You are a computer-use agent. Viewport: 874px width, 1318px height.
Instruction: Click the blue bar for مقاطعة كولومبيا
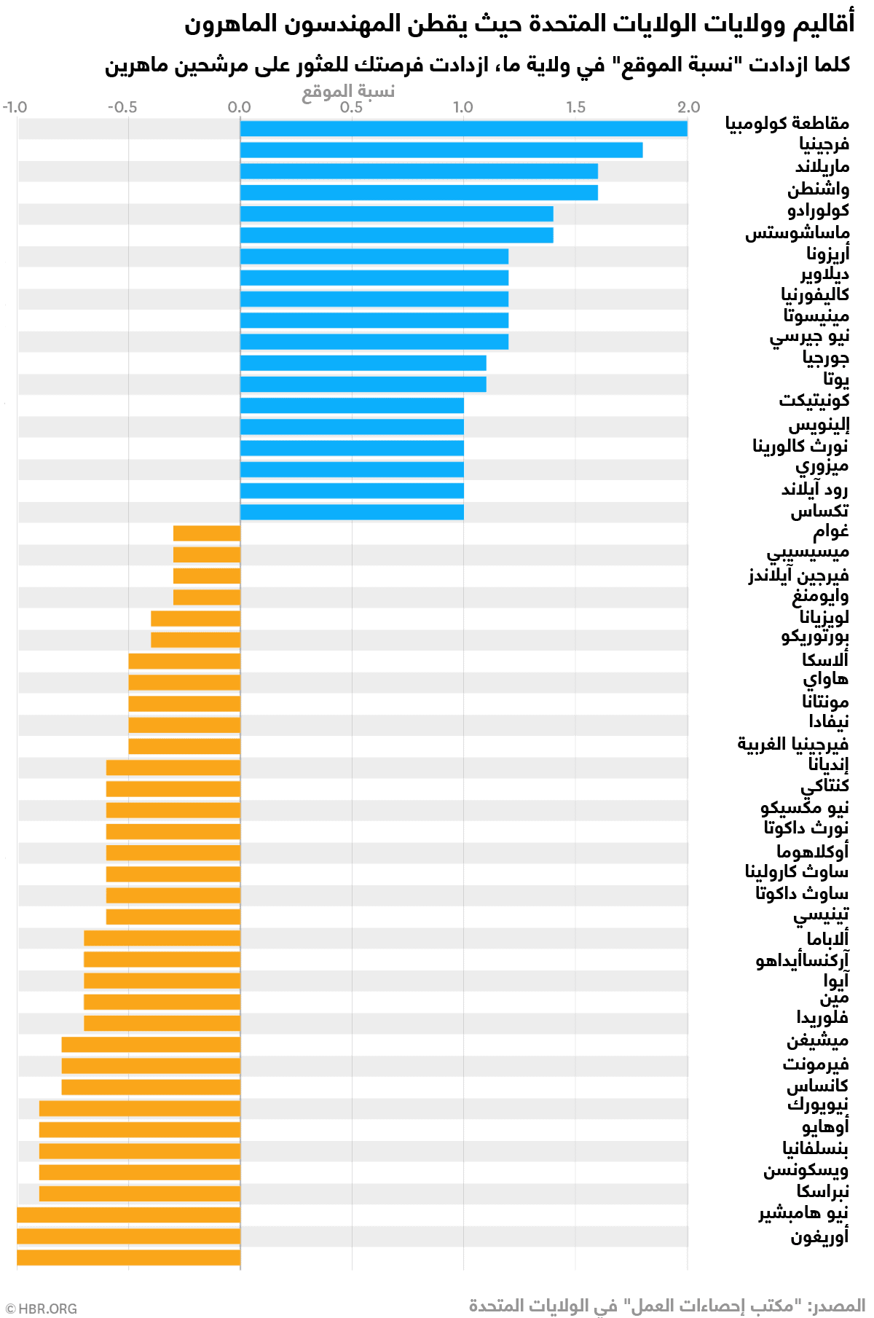pos(463,129)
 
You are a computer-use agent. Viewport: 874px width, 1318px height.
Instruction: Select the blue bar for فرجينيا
pos(441,150)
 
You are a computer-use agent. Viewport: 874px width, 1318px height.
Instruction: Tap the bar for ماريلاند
pos(419,171)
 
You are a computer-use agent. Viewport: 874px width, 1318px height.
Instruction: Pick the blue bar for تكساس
pos(352,511)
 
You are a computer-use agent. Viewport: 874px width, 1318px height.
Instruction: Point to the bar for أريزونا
pos(374,256)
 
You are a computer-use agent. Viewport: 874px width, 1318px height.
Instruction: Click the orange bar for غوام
pos(207,533)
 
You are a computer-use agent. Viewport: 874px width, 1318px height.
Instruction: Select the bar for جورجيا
pos(363,363)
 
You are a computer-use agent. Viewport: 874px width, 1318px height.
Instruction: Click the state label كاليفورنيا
pos(815,294)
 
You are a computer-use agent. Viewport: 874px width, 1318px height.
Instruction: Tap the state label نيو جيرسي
pos(809,337)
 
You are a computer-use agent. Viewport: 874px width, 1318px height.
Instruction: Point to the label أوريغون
pos(819,1237)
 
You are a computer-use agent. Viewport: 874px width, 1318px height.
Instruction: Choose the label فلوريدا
pos(822,1017)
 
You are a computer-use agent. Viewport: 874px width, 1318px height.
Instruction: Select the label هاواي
pos(825,679)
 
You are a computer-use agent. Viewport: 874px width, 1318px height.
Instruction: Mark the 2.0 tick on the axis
pos(688,107)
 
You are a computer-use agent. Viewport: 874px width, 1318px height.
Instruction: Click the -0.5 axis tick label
pos(122,107)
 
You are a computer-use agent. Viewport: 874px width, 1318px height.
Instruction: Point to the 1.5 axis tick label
pos(575,107)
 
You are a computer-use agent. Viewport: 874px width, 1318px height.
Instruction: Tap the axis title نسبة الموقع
pos(348,91)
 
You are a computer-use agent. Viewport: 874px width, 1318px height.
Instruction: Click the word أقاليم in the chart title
pos(823,23)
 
